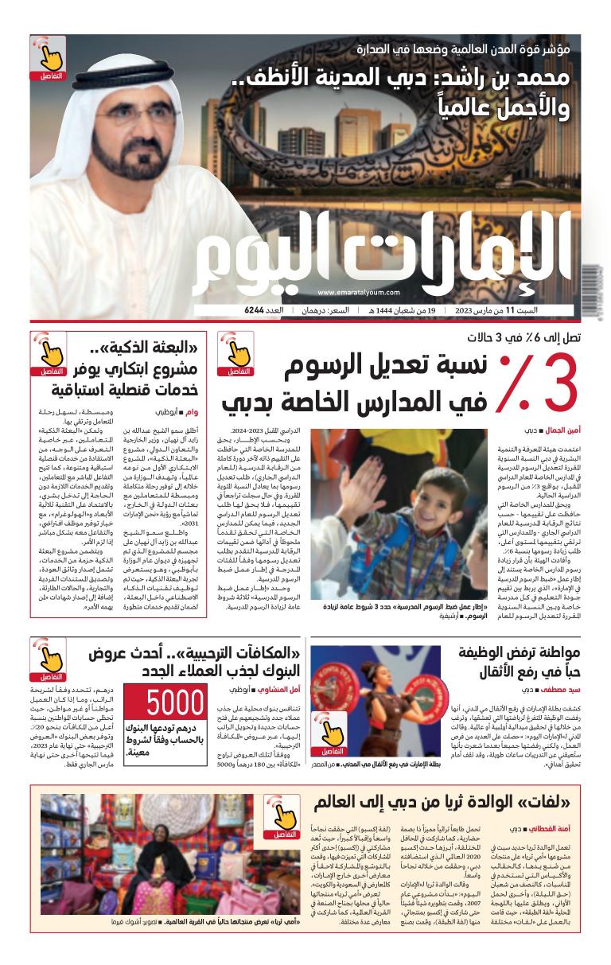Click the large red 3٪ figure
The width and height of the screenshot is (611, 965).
pos(537,385)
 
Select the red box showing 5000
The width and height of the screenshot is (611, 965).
pos(176,703)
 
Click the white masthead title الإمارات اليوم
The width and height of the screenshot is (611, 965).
pos(382,255)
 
